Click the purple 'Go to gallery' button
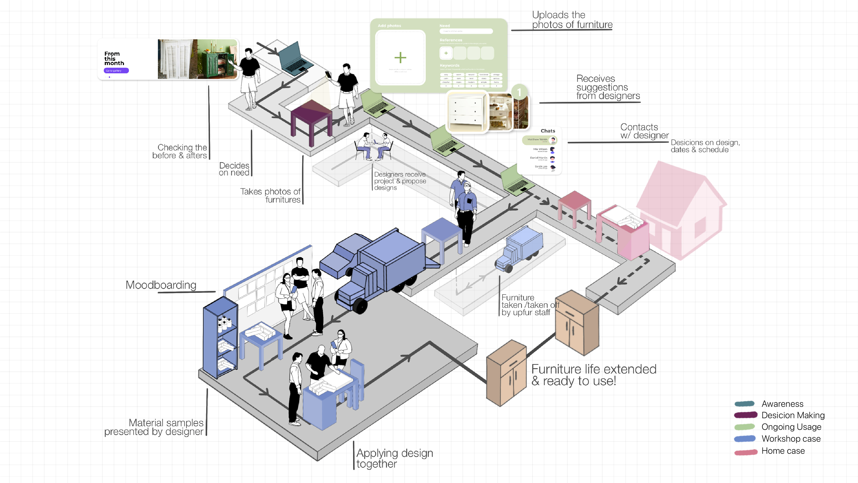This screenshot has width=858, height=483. click(116, 71)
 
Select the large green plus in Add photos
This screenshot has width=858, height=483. click(400, 58)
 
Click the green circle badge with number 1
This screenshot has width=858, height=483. click(519, 92)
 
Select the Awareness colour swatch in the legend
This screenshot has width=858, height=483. click(744, 404)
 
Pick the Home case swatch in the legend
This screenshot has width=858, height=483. click(745, 452)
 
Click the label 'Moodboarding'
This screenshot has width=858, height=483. click(161, 285)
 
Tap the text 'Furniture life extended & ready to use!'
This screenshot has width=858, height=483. click(593, 375)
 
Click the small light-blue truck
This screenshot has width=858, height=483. click(519, 248)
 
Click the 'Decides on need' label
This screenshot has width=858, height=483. click(234, 169)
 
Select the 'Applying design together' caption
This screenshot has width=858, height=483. click(394, 458)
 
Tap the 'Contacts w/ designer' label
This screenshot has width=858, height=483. click(644, 131)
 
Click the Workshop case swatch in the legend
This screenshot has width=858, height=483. click(745, 439)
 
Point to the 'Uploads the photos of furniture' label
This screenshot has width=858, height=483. click(572, 20)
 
